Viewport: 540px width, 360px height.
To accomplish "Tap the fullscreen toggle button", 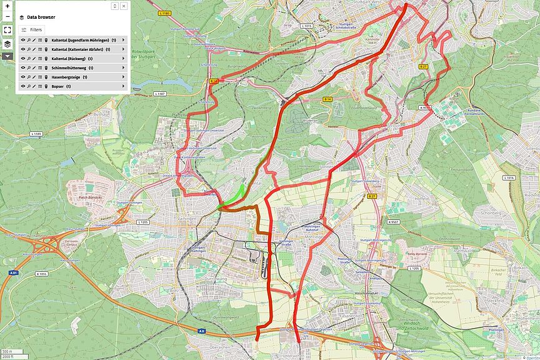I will (x=7, y=29).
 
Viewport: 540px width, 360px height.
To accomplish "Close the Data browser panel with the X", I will (x=124, y=6).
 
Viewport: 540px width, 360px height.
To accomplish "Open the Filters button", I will (x=32, y=29).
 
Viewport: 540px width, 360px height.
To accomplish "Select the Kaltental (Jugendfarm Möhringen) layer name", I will (x=80, y=40).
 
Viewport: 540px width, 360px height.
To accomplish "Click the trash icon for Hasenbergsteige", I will (x=46, y=77).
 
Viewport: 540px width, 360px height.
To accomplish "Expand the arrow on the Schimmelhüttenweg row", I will (x=123, y=67).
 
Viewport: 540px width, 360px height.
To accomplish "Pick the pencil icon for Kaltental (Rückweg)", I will (x=34, y=58).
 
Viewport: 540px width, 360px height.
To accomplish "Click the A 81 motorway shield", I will (x=13, y=272).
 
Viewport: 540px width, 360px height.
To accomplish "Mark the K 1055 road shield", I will (x=42, y=274).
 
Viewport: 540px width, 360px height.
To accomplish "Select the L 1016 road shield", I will (x=509, y=178).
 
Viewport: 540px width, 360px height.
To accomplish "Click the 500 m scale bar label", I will (x=7, y=351).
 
